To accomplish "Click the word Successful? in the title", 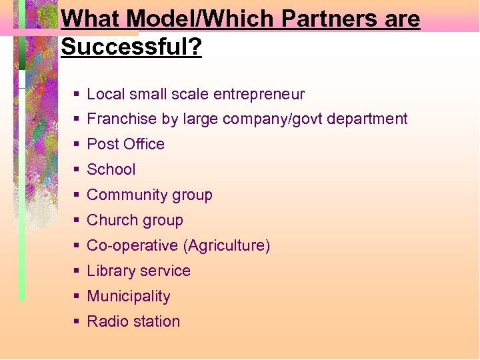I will coord(131,47).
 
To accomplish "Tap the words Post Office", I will coord(125,144).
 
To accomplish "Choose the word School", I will coord(111,169).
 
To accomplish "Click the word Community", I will coord(127,195).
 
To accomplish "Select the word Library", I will coord(111,271).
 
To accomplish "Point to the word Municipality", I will coord(129,296).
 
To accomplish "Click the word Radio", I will coord(106,321).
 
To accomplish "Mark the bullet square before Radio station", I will coord(77,322).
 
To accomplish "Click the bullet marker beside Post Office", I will coord(77,145).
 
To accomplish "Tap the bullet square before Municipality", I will coord(77,297).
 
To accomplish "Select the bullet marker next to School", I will coord(77,170).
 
